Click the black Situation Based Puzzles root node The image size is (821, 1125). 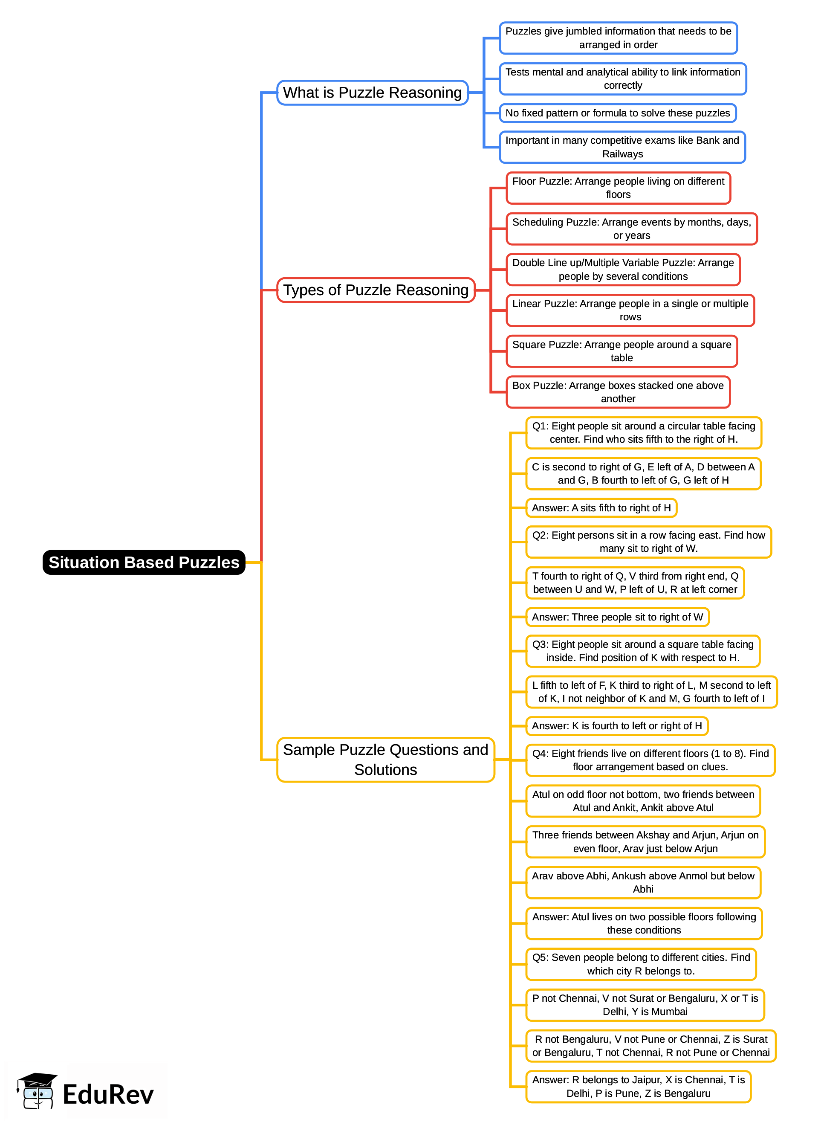[144, 562]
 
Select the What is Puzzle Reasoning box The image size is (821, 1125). [372, 93]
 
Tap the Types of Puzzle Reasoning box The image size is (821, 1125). [376, 290]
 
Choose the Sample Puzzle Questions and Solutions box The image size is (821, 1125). [385, 759]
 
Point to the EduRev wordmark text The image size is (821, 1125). [108, 1095]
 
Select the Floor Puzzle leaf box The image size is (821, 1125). [618, 188]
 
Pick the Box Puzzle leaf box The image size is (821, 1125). [618, 392]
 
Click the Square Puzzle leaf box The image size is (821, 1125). [621, 351]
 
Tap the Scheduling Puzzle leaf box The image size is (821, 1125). [631, 229]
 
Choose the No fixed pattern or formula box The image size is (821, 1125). [617, 113]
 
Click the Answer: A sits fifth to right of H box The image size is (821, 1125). [601, 507]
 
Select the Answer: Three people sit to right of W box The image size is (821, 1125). [617, 617]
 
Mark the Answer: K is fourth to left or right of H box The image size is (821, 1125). [616, 726]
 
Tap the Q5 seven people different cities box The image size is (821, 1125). [641, 964]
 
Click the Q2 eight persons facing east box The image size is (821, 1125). [648, 542]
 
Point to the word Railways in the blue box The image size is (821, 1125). [622, 154]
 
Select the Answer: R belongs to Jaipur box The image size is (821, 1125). [638, 1086]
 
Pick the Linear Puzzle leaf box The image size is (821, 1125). [630, 310]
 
